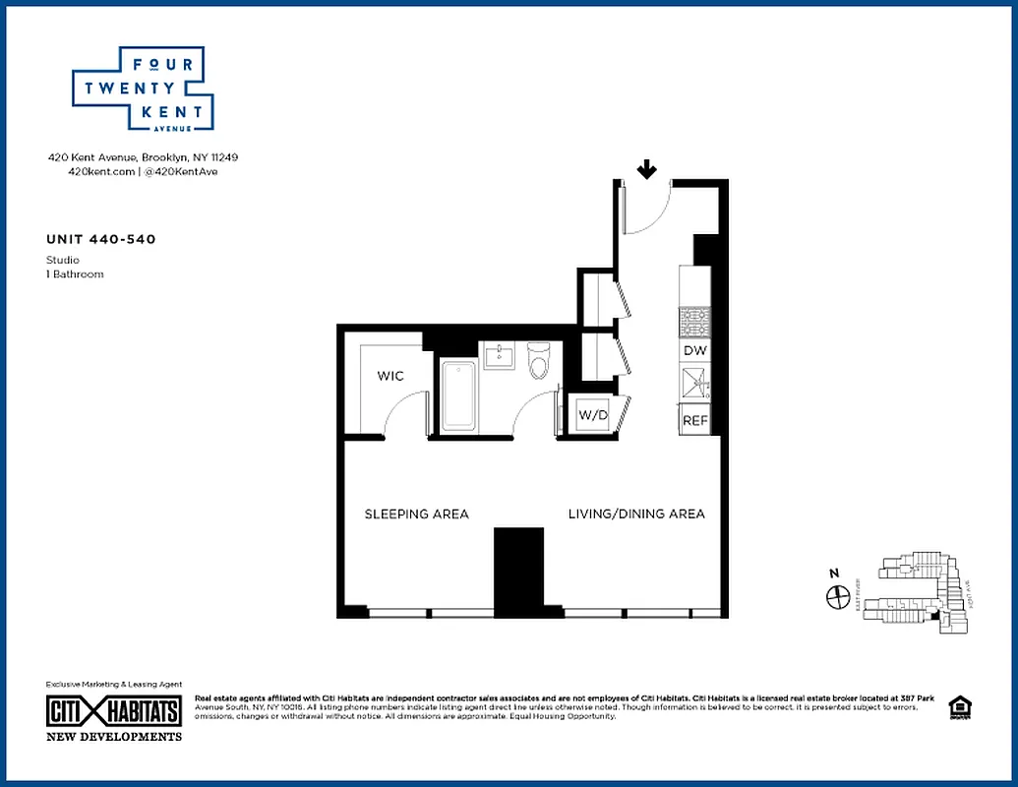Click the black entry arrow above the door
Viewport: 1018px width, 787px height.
click(646, 171)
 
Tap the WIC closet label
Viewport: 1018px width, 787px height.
click(390, 376)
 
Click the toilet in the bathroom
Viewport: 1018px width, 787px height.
click(538, 362)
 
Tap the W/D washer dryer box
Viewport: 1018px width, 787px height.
click(593, 415)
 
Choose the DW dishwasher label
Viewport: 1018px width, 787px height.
click(694, 350)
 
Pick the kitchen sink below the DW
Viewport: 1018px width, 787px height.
click(695, 382)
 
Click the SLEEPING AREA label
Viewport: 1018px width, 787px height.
click(416, 515)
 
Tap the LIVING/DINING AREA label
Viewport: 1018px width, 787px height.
click(635, 515)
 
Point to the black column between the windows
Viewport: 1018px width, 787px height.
click(518, 571)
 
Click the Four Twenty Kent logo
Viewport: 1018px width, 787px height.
click(143, 89)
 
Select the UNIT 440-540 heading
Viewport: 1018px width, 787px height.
click(100, 239)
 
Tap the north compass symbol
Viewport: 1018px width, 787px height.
click(837, 595)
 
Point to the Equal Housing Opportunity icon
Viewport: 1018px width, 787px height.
click(957, 707)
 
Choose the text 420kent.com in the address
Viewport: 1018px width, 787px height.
click(98, 171)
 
